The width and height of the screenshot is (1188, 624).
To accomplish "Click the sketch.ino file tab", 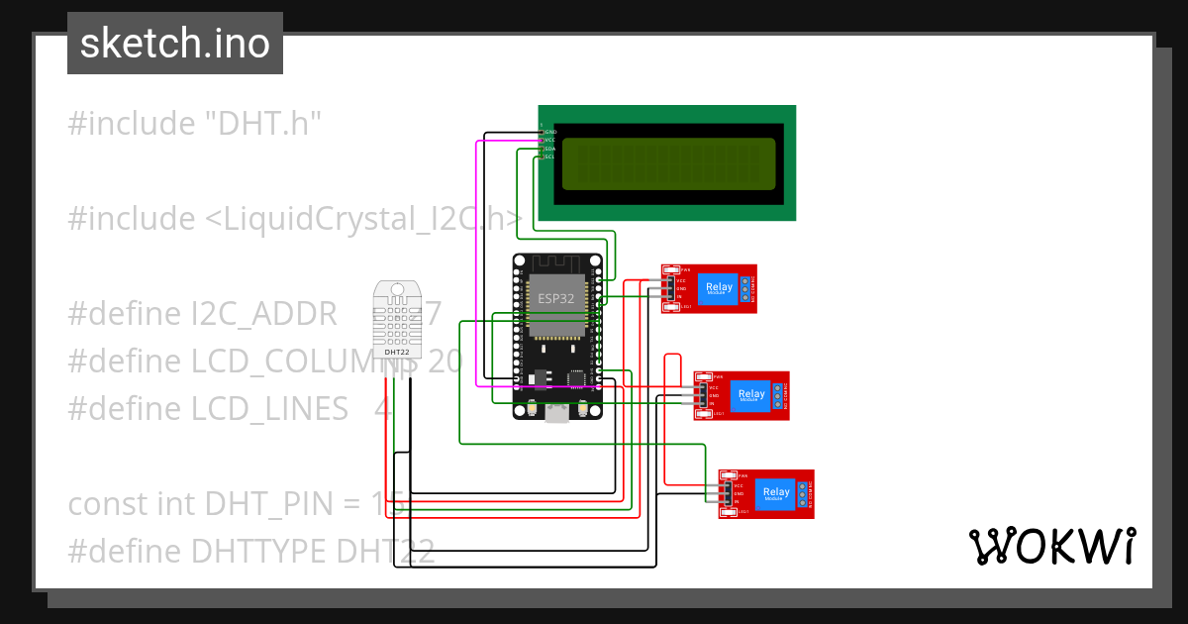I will pos(175,44).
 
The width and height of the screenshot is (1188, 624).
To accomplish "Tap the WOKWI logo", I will pos(1051,546).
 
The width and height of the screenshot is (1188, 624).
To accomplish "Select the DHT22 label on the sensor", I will pos(397,352).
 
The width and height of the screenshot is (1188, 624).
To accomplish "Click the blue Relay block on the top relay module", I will pos(720,288).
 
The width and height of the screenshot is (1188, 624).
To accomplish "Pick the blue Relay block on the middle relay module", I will pos(751,395).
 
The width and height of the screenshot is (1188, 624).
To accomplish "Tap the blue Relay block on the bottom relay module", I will pos(776,493).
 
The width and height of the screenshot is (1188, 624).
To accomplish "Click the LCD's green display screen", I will pos(668,163).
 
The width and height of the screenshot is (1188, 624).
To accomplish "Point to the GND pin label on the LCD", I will pos(550,132).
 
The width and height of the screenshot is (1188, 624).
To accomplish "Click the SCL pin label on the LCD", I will pos(549,156).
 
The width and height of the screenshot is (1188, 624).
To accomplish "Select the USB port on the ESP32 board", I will pos(559,412).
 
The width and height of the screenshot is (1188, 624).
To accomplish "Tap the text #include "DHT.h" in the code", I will pos(195,124).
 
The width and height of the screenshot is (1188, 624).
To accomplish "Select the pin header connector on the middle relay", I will pos(702,395).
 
